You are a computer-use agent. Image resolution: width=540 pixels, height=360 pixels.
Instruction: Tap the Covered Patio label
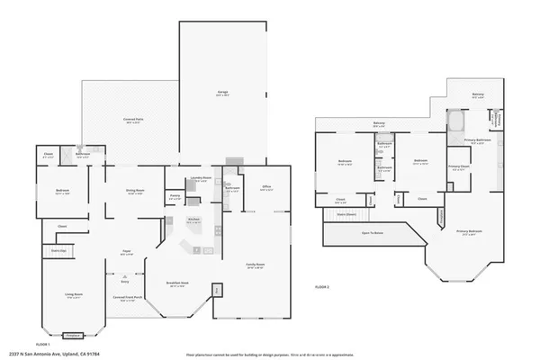click(133, 120)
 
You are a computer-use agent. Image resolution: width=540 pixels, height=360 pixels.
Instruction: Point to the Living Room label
click(73, 294)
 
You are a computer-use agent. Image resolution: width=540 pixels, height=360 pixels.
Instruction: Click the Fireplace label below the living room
click(72, 333)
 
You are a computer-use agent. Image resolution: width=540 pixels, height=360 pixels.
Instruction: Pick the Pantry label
click(175, 195)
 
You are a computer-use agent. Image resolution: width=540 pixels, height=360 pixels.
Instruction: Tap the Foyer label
click(127, 251)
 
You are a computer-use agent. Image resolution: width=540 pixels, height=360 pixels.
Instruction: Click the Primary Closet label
click(459, 166)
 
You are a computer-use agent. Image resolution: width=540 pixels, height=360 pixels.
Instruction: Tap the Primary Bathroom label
click(476, 140)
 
